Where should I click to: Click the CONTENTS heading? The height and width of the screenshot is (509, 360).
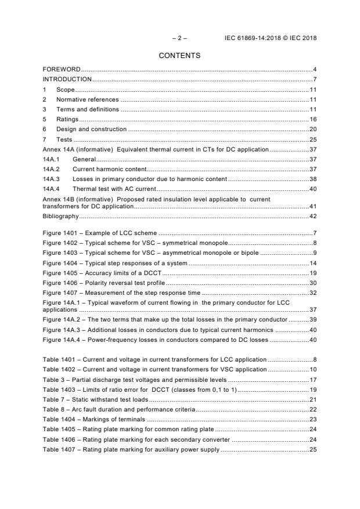pyautogui.click(x=179, y=56)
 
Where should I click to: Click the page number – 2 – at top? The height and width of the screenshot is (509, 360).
pyautogui.click(x=179, y=38)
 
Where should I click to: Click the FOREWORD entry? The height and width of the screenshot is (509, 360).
pyautogui.click(x=62, y=70)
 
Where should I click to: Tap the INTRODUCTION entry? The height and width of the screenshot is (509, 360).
pyautogui.click(x=67, y=79)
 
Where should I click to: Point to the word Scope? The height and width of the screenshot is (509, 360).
pyautogui.click(x=65, y=89)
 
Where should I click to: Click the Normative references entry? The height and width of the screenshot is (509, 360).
pyautogui.click(x=87, y=99)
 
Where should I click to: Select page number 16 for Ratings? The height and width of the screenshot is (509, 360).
pyautogui.click(x=312, y=119)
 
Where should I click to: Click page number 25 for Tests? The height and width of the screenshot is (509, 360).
pyautogui.click(x=312, y=139)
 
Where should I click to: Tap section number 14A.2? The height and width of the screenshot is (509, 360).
pyautogui.click(x=51, y=169)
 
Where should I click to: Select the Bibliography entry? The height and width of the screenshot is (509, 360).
pyautogui.click(x=60, y=216)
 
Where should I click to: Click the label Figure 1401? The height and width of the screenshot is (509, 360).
pyautogui.click(x=60, y=233)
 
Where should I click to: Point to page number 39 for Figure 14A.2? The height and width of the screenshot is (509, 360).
pyautogui.click(x=312, y=320)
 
